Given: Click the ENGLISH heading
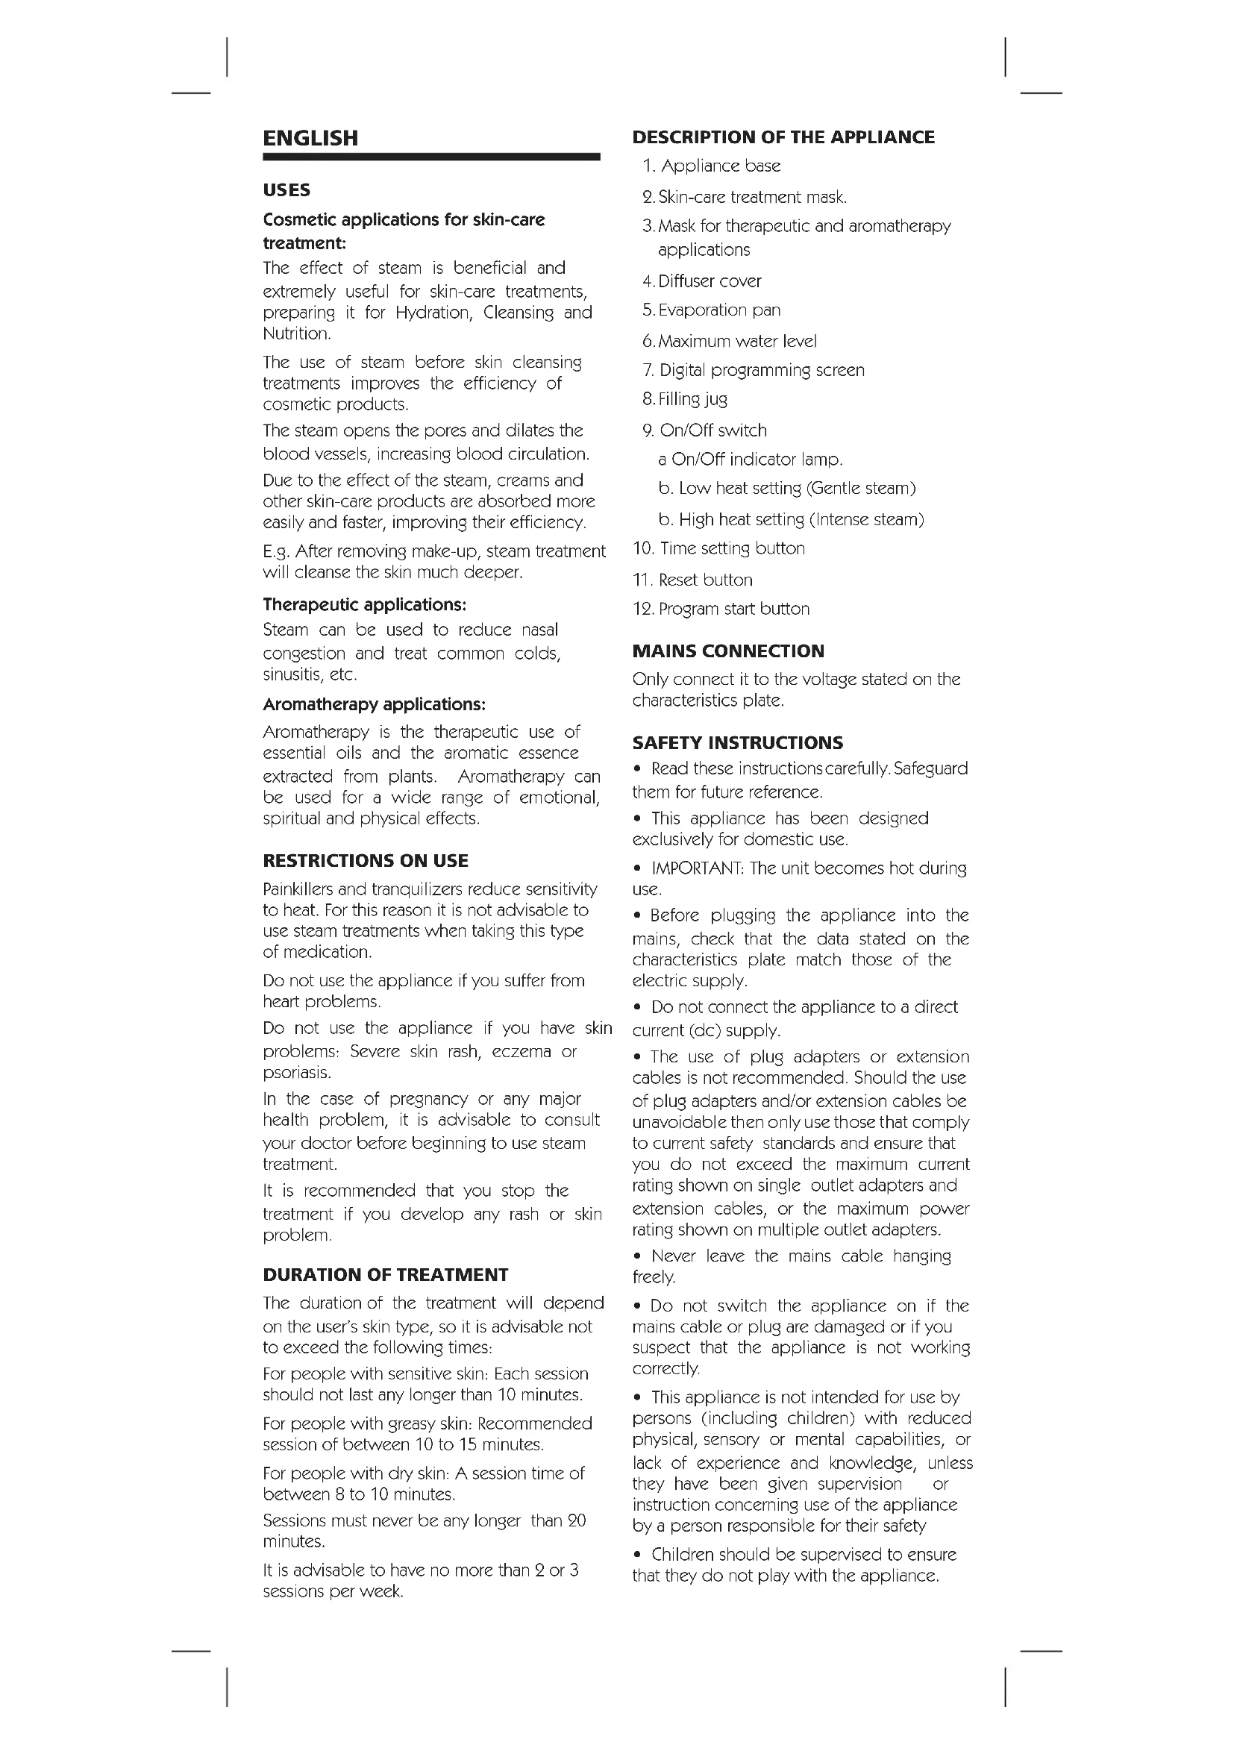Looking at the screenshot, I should (x=310, y=138).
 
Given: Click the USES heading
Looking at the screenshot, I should (x=286, y=190).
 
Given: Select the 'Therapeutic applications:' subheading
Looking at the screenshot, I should (x=364, y=605).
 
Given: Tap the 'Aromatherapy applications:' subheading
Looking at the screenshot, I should (x=374, y=704).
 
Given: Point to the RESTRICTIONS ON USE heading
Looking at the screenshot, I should (x=366, y=860).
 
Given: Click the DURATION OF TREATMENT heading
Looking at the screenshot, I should (x=385, y=1274).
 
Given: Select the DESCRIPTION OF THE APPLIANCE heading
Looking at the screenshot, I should (x=783, y=137).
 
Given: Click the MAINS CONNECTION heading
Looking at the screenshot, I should (x=728, y=651).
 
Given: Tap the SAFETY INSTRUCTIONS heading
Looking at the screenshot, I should (x=738, y=742).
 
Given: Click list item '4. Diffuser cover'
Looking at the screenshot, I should (x=701, y=281).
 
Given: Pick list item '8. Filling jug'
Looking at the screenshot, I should (x=685, y=399).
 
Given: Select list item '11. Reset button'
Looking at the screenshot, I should (x=692, y=580).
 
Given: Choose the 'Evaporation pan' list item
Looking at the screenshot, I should (x=718, y=310).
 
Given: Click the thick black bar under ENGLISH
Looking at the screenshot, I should (x=430, y=157).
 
